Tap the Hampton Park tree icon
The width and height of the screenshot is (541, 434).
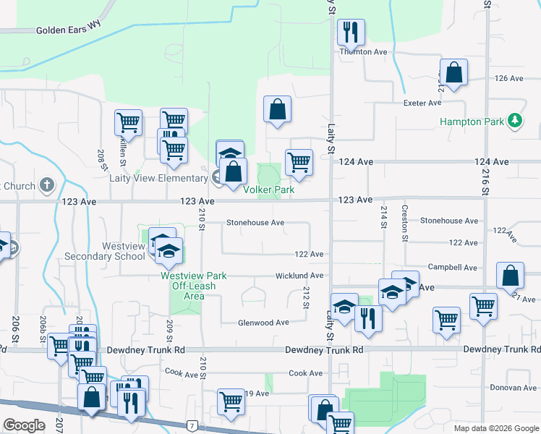515,122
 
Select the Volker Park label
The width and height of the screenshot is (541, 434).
268,190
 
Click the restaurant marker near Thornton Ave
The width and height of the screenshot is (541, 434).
352,32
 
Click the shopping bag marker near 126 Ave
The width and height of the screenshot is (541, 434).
453,73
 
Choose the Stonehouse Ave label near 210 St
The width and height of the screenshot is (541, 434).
255,223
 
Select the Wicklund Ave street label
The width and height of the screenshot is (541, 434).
299,276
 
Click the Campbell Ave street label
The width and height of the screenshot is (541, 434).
453,268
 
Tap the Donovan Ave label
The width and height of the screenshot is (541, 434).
513,388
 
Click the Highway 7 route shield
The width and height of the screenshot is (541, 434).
191,427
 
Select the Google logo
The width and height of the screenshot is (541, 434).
24,425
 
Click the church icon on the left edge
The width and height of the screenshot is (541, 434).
48,186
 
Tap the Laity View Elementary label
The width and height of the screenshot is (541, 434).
158,178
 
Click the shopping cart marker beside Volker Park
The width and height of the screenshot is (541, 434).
299,163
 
